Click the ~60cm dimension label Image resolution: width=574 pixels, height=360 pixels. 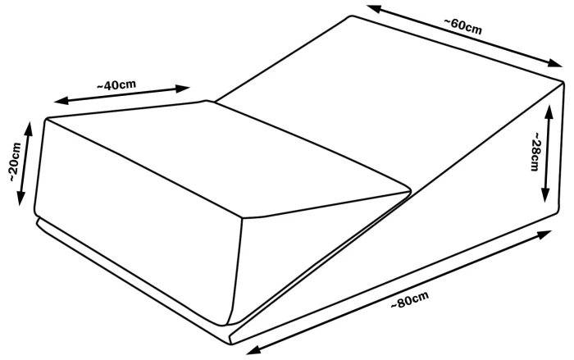point(463,26)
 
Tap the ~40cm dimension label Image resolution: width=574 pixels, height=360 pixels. point(116,85)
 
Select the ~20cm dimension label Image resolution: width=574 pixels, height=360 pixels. point(15,162)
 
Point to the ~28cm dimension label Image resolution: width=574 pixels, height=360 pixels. point(535,151)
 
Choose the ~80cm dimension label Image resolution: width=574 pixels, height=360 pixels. point(409,299)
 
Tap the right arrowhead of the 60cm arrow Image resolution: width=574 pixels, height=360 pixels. point(554,63)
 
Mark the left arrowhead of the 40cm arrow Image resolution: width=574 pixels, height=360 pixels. point(61,100)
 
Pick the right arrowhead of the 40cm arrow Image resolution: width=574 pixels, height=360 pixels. point(182,89)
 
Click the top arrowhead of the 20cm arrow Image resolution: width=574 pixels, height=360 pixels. point(29,127)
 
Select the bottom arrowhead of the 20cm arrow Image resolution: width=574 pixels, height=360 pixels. point(20,198)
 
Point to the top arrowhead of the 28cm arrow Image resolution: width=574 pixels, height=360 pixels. point(548,112)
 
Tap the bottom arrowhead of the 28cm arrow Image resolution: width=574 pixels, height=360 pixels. point(545,194)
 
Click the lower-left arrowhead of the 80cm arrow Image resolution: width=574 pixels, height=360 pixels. point(253,349)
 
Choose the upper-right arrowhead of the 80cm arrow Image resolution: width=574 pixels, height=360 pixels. point(544,234)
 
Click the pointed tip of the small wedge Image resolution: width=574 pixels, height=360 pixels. point(412,189)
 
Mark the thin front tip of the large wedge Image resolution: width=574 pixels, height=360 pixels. point(231,339)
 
